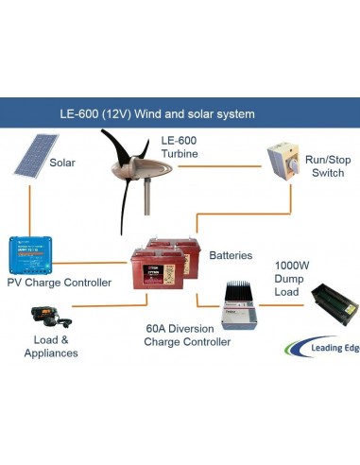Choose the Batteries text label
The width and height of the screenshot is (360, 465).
point(231,255)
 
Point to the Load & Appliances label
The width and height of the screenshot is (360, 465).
point(49,346)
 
